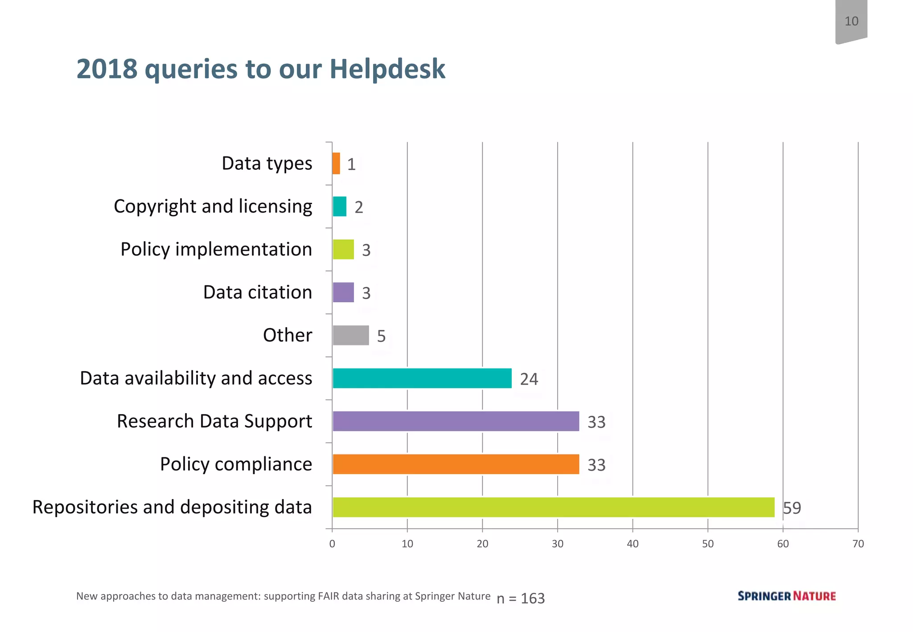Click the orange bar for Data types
(336, 164)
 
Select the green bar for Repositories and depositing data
(553, 507)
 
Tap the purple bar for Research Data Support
(456, 421)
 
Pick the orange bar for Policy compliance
(456, 464)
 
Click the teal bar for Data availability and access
(422, 378)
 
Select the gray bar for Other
(351, 335)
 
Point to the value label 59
(792, 508)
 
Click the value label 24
(529, 379)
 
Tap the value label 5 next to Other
(381, 336)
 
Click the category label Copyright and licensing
(213, 206)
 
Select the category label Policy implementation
(216, 249)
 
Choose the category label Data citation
(258, 292)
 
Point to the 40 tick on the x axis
(633, 544)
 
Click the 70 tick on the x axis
(858, 544)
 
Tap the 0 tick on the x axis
(332, 544)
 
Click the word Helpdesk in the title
(387, 69)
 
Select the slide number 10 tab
(851, 21)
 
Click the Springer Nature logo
(786, 596)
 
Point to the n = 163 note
(521, 598)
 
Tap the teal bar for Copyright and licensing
(339, 206)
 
